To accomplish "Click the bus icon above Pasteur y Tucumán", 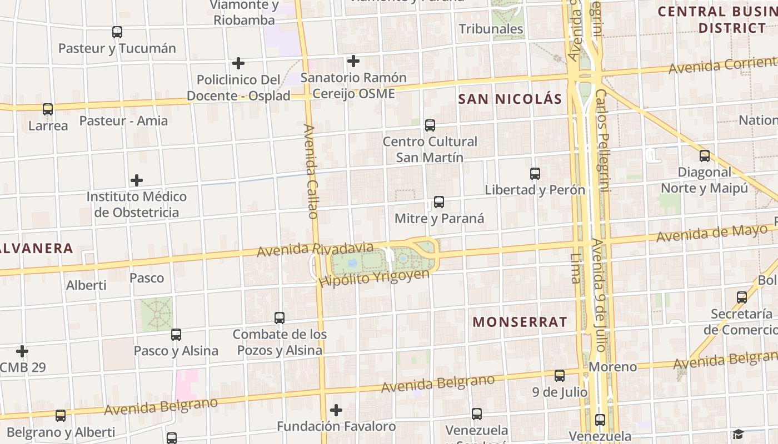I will click(117, 32).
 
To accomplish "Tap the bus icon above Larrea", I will click(48, 109).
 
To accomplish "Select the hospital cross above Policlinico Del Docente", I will click(238, 63).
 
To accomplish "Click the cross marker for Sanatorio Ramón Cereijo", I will click(353, 60).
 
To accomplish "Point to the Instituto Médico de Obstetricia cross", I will click(136, 180).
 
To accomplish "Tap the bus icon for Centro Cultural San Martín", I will click(430, 125).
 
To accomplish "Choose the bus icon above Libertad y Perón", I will click(535, 174).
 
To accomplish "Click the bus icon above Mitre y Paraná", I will click(438, 202).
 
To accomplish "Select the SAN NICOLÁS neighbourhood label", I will click(510, 99).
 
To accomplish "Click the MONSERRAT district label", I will click(520, 322).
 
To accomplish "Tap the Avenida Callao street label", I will click(311, 171).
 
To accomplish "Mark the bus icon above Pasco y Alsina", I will click(176, 335).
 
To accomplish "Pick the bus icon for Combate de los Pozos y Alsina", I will click(280, 318).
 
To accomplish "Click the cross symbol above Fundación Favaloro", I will click(336, 410).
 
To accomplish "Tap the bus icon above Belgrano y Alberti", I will click(61, 415).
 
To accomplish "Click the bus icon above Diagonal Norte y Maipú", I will click(705, 156).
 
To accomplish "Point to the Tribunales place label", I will click(491, 29).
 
